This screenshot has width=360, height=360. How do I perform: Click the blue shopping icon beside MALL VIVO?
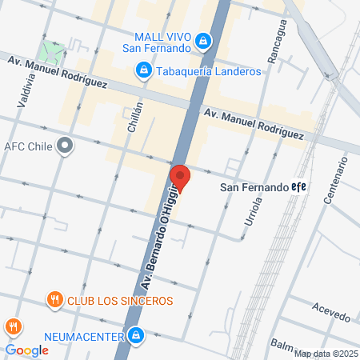click(x=204, y=39)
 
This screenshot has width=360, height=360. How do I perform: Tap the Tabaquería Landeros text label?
click(x=209, y=71)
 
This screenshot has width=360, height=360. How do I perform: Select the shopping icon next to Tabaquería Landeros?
click(x=142, y=71)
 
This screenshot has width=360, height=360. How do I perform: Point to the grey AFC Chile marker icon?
click(x=66, y=146)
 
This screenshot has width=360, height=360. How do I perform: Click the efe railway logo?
click(x=299, y=186)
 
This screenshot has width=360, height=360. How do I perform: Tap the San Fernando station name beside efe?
click(x=253, y=187)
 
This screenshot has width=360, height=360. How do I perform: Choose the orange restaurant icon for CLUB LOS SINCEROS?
click(x=54, y=300)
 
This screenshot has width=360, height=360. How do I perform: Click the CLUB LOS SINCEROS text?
click(x=120, y=301)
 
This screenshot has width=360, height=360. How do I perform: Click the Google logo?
click(x=26, y=350)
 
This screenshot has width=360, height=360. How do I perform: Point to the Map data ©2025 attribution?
click(x=326, y=354)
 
